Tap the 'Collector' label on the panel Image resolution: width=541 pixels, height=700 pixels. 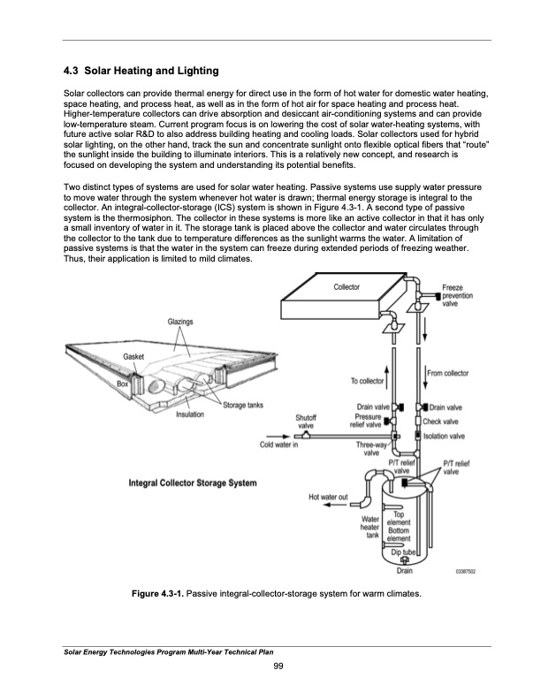[347, 289]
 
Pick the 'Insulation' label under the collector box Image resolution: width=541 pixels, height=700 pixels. [192, 414]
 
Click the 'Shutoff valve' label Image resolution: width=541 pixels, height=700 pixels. [305, 422]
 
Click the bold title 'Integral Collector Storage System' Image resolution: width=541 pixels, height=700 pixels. [194, 483]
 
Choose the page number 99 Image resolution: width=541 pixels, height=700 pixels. [278, 665]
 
